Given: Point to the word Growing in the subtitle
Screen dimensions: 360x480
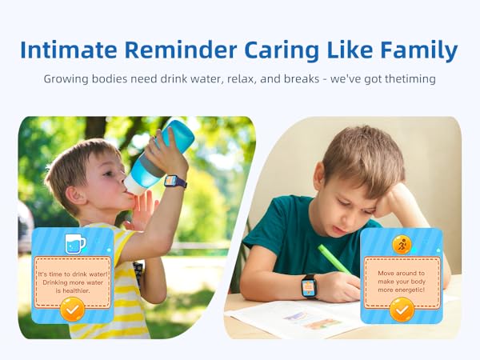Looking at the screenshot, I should [x=69, y=80].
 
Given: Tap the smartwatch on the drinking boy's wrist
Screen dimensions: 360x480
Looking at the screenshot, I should [x=175, y=182].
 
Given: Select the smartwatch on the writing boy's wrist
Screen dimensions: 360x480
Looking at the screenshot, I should [x=309, y=286].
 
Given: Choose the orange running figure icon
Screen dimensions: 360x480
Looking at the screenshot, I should [x=402, y=245].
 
